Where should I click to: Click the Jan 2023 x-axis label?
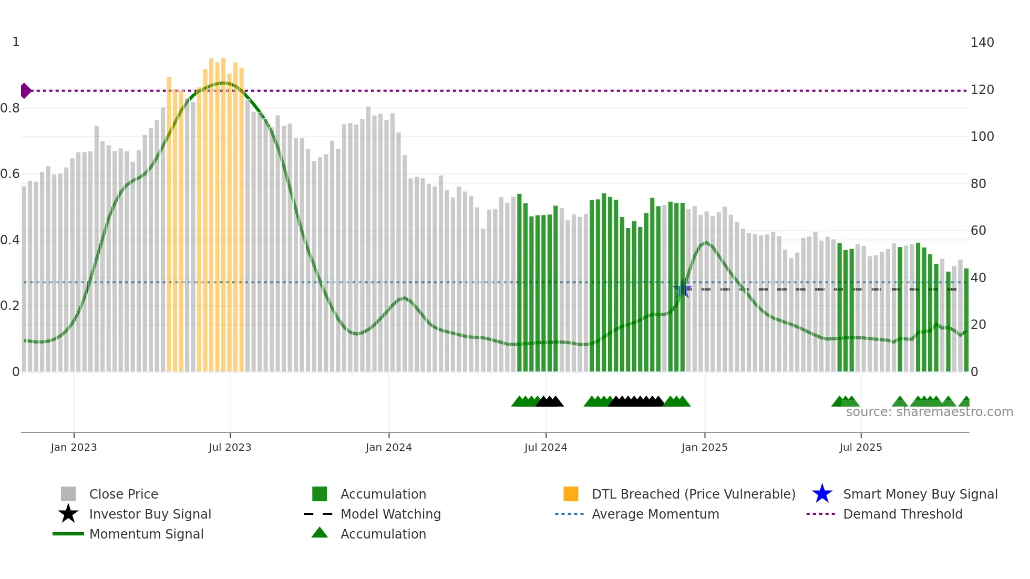point(74,447)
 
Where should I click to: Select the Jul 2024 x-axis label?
point(545,447)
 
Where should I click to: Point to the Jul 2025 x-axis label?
point(860,447)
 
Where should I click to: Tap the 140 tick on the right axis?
point(982,43)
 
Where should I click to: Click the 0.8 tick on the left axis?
point(10,108)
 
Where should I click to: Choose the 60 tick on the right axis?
point(978,231)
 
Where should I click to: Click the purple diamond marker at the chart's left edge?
point(25,91)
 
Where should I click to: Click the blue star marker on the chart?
point(682,289)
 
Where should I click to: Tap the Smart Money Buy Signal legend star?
point(822,494)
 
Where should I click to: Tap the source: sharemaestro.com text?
point(929,412)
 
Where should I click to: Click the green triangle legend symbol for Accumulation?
point(320,533)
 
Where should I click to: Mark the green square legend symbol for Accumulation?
point(320,494)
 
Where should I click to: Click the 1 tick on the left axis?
point(16,42)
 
